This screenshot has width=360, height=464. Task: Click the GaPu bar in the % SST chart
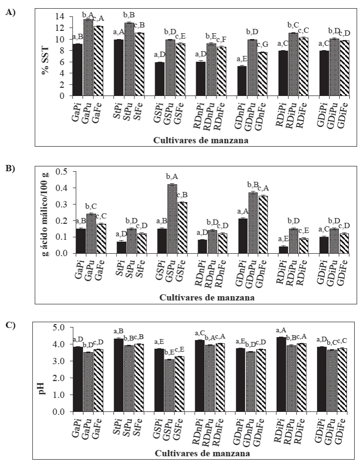(x=88, y=57)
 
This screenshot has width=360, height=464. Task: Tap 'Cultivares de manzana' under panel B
(x=208, y=298)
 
